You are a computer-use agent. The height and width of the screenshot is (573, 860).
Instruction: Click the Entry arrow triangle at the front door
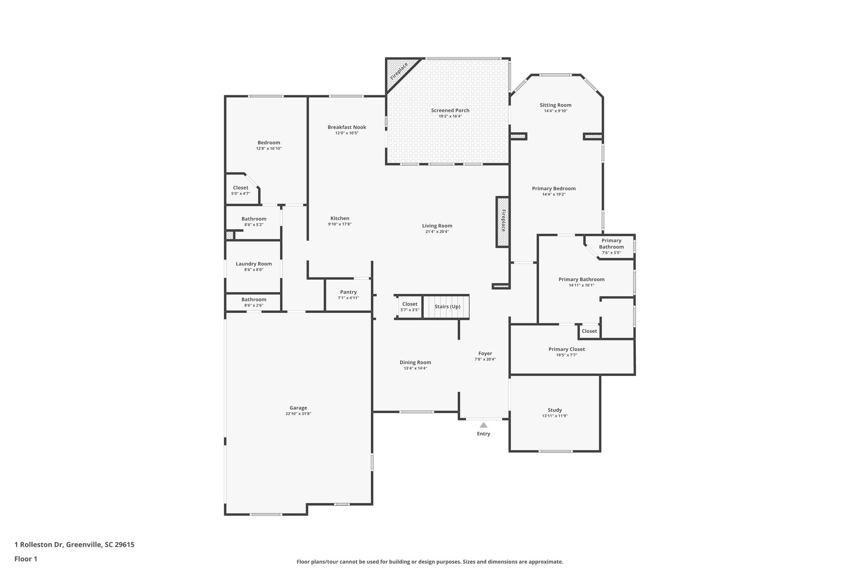point(483,425)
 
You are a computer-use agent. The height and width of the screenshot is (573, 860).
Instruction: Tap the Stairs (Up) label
point(447,306)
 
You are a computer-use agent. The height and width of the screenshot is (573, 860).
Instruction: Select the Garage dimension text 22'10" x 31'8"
point(298,413)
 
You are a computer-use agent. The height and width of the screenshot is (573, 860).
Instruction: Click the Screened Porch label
point(450,110)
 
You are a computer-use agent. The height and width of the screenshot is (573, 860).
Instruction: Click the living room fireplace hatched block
point(503,221)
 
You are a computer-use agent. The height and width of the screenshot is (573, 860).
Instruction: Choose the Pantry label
point(348,292)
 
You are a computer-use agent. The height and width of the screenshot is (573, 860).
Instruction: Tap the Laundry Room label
point(254,264)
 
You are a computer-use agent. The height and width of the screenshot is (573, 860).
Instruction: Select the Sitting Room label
point(555,105)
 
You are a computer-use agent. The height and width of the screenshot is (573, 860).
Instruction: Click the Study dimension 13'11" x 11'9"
point(555,416)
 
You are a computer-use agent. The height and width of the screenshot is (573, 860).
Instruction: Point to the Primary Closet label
point(566,349)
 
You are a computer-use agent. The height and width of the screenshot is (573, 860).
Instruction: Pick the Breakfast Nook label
point(347,127)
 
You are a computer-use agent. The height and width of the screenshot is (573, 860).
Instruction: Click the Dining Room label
point(415,362)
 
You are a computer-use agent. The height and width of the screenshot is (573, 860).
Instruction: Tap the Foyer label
point(485,353)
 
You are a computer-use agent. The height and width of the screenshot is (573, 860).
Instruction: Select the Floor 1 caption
point(26,559)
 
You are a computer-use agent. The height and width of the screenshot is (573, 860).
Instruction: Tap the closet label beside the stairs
point(410,304)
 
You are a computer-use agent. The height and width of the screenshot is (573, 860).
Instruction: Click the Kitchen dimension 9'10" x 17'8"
point(340,224)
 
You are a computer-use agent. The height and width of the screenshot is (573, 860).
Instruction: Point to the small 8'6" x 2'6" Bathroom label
point(254,299)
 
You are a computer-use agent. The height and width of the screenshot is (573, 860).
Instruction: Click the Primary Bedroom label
point(553,188)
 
